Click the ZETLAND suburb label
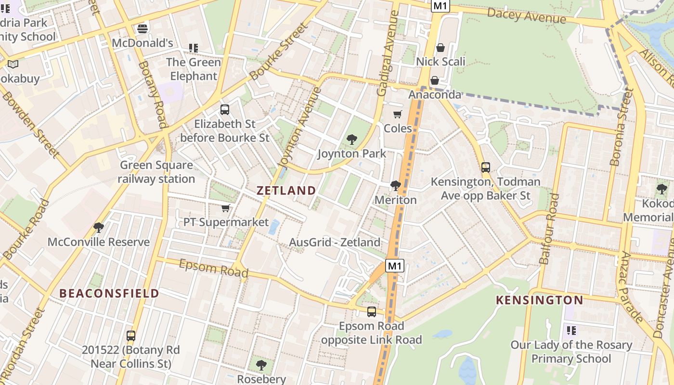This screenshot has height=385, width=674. pyautogui.click(x=286, y=190)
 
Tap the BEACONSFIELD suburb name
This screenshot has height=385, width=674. pyautogui.click(x=109, y=293)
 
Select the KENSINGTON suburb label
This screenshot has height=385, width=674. pyautogui.click(x=539, y=300)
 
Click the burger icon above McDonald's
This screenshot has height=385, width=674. pyautogui.click(x=142, y=29)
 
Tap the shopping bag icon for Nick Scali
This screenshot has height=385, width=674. pyautogui.click(x=440, y=48)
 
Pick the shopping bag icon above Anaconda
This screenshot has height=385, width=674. pyautogui.click(x=434, y=80)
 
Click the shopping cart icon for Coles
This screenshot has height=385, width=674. pyautogui.click(x=397, y=114)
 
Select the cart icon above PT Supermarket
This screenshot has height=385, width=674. pyautogui.click(x=225, y=208)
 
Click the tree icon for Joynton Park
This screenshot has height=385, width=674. pyautogui.click(x=352, y=140)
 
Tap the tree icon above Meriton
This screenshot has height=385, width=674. pyautogui.click(x=396, y=185)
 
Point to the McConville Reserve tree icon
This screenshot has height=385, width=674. pyautogui.click(x=99, y=227)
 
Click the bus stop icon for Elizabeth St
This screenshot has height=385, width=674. pyautogui.click(x=224, y=110)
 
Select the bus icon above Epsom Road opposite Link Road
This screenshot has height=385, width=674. pyautogui.click(x=371, y=312)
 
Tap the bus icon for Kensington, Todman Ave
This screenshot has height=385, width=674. pyautogui.click(x=485, y=167)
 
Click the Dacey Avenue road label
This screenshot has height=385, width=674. pyautogui.click(x=526, y=15)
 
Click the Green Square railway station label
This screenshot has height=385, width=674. pyautogui.click(x=156, y=172)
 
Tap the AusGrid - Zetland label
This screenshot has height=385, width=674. pyautogui.click(x=335, y=242)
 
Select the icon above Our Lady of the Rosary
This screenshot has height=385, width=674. pyautogui.click(x=571, y=331)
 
